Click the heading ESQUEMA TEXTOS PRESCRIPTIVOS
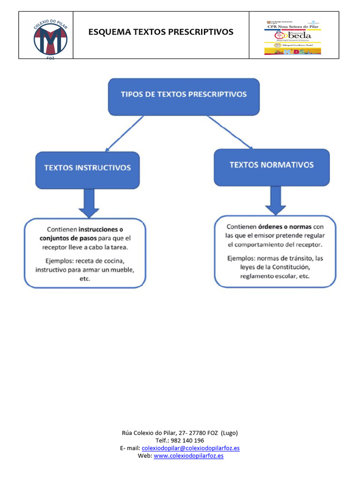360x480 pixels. pos(161,32)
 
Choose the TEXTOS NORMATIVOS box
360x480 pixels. pos(271,166)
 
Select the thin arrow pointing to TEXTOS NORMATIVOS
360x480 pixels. pos(229,133)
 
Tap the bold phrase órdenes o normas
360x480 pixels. pos(285,226)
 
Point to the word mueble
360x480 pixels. pos(123,270)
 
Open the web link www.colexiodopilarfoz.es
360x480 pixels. pos(188,456)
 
